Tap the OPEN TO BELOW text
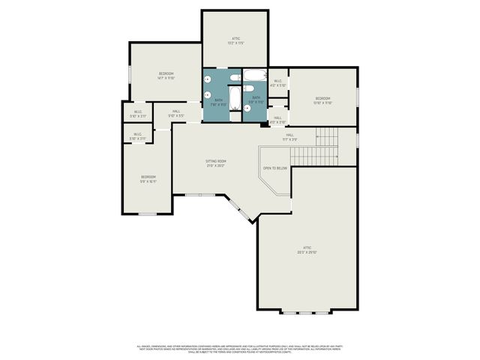pos(275,168)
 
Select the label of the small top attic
pos(236,40)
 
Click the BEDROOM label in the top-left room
pos(166,74)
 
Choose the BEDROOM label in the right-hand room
pos(322,100)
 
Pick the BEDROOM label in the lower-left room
pos(148,178)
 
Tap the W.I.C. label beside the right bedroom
pos(277,82)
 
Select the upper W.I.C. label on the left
pos(138,115)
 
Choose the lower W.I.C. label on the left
pos(137,136)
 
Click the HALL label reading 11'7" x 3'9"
pos(289,136)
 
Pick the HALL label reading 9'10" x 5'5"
pos(175,114)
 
